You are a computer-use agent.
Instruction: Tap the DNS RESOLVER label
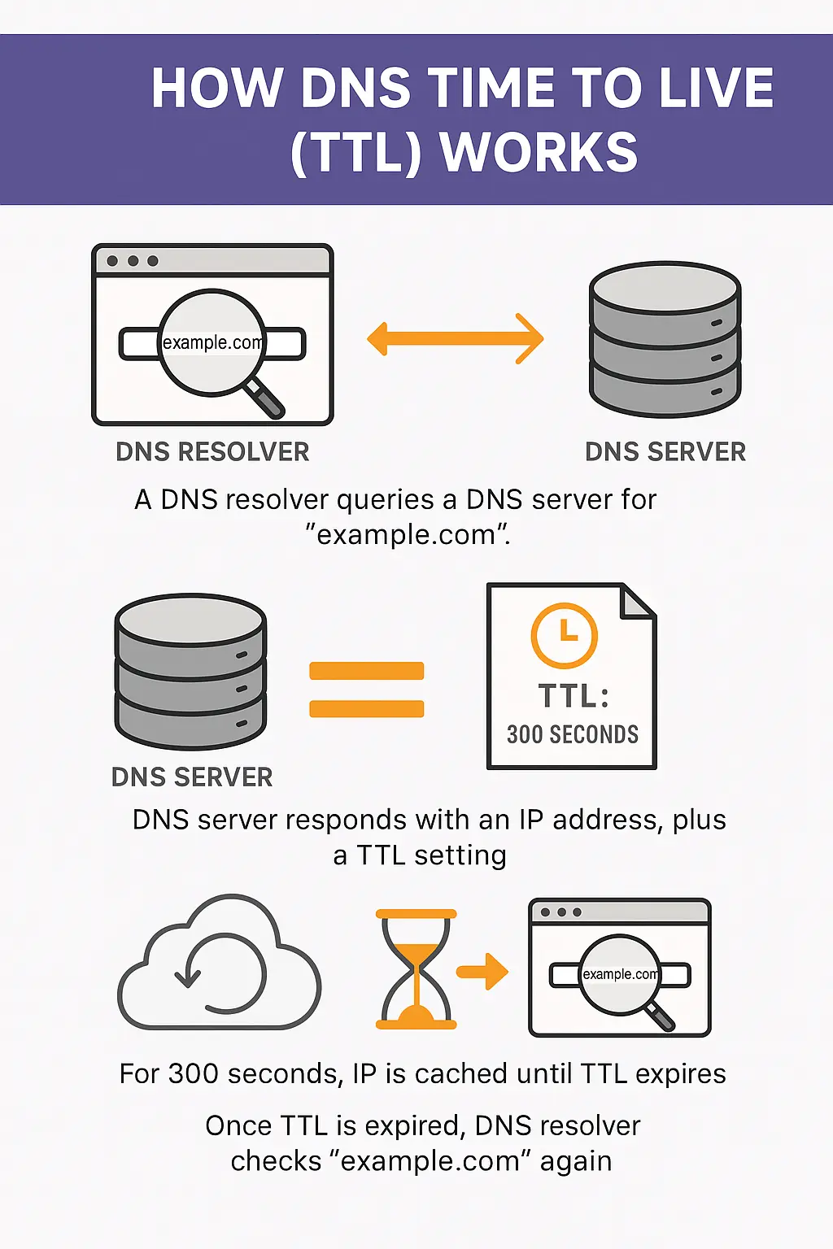[212, 452]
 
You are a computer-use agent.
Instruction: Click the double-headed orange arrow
[455, 338]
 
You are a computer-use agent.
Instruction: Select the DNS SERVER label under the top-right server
[665, 452]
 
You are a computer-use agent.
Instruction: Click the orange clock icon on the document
[564, 635]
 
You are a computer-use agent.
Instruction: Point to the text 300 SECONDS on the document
[572, 734]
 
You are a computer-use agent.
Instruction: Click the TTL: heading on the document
[573, 696]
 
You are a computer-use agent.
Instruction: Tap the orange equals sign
[367, 690]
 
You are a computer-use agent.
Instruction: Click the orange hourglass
[416, 969]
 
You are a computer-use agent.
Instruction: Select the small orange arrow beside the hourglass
[482, 971]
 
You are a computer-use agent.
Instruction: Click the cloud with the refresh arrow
[220, 968]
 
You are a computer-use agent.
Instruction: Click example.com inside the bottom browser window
[620, 974]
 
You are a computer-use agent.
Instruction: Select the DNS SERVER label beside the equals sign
[192, 777]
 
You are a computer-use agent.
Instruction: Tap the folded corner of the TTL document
[639, 600]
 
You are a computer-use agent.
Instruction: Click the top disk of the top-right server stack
[665, 287]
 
